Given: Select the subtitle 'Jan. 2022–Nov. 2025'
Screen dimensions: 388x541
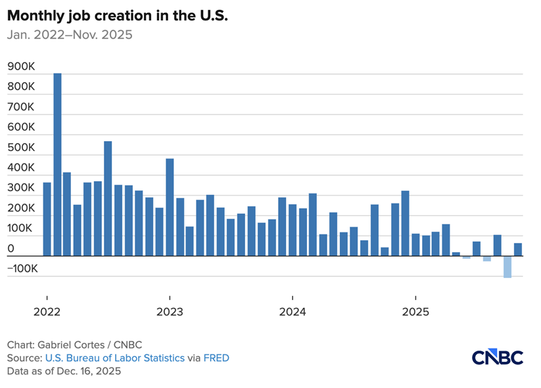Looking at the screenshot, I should [x=70, y=35].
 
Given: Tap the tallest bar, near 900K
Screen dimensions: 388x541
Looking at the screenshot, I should [x=57, y=164].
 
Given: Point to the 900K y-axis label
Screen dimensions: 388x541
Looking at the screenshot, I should [x=21, y=66].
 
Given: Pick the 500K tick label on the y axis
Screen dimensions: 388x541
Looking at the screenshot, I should [x=21, y=148].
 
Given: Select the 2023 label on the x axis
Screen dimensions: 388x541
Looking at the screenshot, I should [x=170, y=311].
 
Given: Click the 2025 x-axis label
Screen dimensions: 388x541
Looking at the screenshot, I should [x=415, y=311].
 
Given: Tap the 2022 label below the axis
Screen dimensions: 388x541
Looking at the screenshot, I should [x=47, y=311].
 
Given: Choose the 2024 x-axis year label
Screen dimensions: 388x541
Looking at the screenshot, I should [x=293, y=311].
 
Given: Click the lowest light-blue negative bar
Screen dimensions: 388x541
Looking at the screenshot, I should [x=507, y=267].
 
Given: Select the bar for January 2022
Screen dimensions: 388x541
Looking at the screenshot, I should [x=47, y=219].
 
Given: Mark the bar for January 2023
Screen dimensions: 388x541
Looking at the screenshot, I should [x=170, y=207].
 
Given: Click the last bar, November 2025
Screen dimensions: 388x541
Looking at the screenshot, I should [x=518, y=249].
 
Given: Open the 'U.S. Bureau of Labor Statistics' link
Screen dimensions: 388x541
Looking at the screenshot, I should [x=114, y=358].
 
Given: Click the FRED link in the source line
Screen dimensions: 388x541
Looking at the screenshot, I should [x=216, y=358].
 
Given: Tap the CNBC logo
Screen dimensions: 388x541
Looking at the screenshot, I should [x=497, y=357].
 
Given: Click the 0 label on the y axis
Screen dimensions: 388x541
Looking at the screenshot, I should [x=11, y=249].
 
